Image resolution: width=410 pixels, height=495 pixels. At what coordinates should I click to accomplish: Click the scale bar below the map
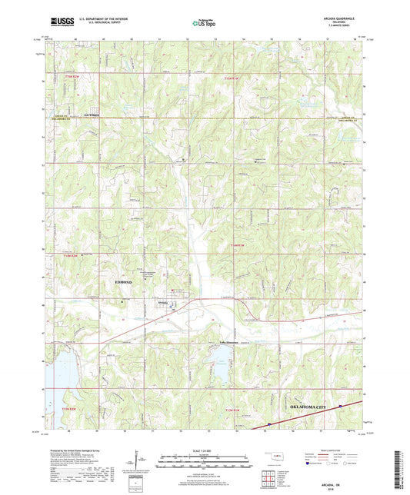pyautogui.click(x=204, y=463)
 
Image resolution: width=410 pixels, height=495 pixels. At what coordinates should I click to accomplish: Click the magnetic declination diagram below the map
pyautogui.click(x=143, y=462)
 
